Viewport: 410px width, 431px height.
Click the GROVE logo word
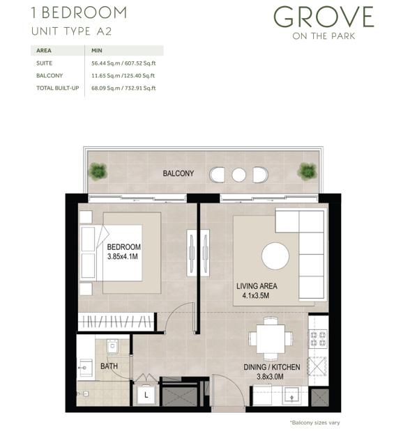point(324,17)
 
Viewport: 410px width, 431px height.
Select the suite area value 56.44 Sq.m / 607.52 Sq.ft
point(123,63)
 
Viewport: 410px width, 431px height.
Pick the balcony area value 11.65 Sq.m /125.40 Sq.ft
point(123,76)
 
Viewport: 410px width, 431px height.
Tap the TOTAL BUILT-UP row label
point(58,88)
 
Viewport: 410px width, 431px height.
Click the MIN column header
point(97,51)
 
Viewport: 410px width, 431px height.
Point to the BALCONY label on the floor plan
point(178,173)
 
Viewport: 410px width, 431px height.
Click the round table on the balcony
point(238,175)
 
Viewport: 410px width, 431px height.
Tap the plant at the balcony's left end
point(98,171)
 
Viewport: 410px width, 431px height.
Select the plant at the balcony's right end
point(307,171)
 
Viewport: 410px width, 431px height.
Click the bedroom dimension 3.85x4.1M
point(123,257)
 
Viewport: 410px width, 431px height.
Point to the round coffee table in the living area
point(275,256)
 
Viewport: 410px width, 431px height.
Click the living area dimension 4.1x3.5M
point(255,296)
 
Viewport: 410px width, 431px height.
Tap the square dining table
point(271,338)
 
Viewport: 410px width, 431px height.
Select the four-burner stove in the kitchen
point(318,339)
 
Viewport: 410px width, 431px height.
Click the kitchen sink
point(292,396)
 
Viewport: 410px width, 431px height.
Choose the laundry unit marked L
point(146,395)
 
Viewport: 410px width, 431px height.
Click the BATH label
point(109,366)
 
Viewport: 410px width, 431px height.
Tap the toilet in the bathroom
point(112,347)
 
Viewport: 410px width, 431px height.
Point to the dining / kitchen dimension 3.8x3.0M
point(270,377)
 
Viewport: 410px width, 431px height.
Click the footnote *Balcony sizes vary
point(314,423)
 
